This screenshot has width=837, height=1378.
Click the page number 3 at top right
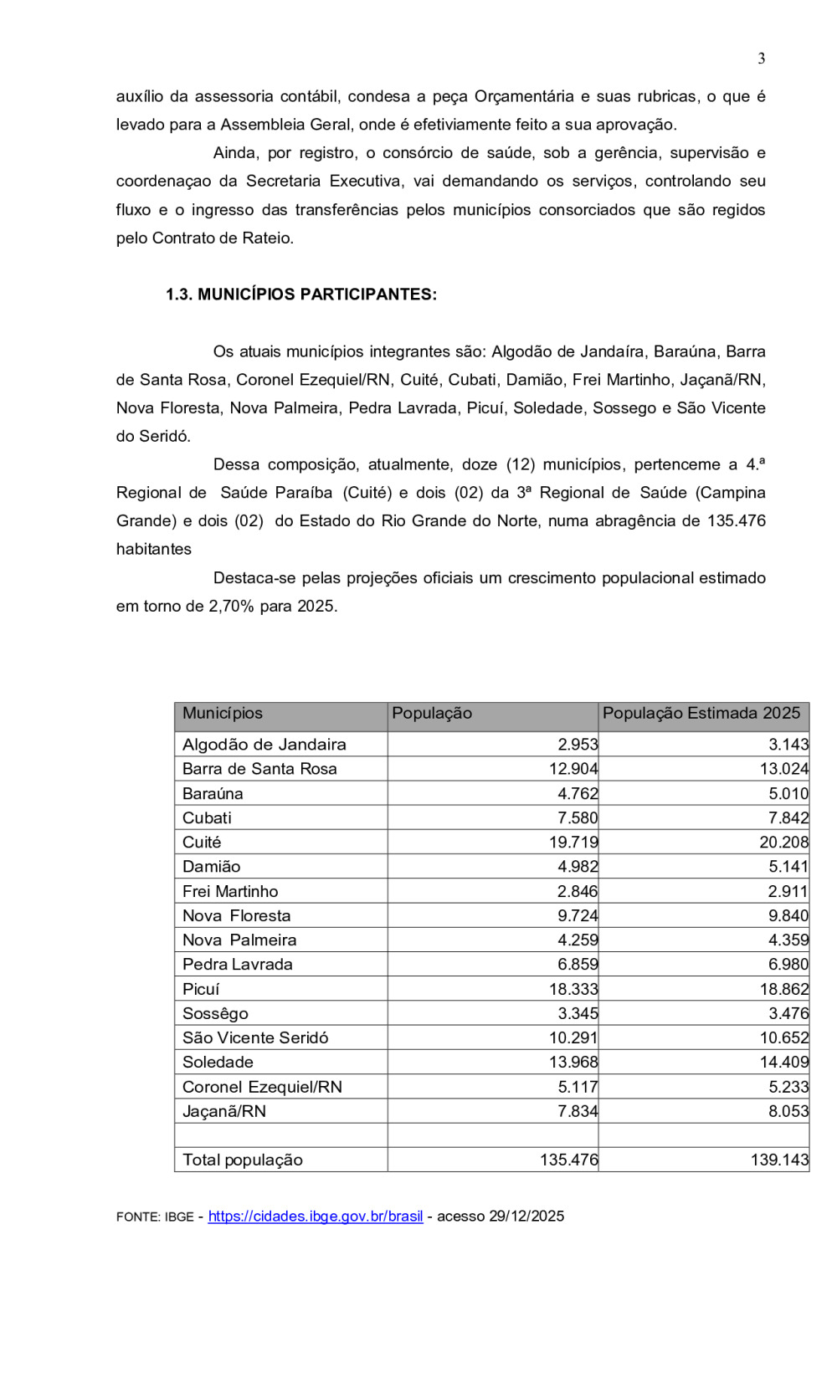coord(761,59)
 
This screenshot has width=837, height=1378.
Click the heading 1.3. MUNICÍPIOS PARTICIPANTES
coord(300,295)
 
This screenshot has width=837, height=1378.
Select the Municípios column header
coord(223,714)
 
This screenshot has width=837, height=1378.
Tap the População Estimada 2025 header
coord(701,714)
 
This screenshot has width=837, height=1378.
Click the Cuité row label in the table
coord(202,843)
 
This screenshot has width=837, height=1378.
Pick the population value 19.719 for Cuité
coord(573,843)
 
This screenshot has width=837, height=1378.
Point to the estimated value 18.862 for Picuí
coord(783,989)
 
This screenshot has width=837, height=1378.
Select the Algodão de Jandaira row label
coord(264,745)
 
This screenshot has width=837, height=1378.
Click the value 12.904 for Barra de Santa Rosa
coord(573,769)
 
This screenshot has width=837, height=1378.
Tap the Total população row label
coord(243,1160)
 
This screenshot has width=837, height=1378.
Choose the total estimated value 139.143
coord(779,1160)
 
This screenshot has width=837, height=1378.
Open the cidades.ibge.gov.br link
coord(315,1217)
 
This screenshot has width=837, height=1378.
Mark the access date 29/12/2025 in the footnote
coord(526,1217)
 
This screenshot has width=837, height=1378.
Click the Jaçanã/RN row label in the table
coord(224,1112)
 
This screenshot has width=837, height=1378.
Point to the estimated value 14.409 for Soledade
coord(783,1063)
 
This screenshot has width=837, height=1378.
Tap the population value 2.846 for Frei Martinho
coord(578,892)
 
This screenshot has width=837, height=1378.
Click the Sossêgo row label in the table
coord(215,1014)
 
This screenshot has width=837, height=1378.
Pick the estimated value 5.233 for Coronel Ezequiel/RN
coord(788,1087)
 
